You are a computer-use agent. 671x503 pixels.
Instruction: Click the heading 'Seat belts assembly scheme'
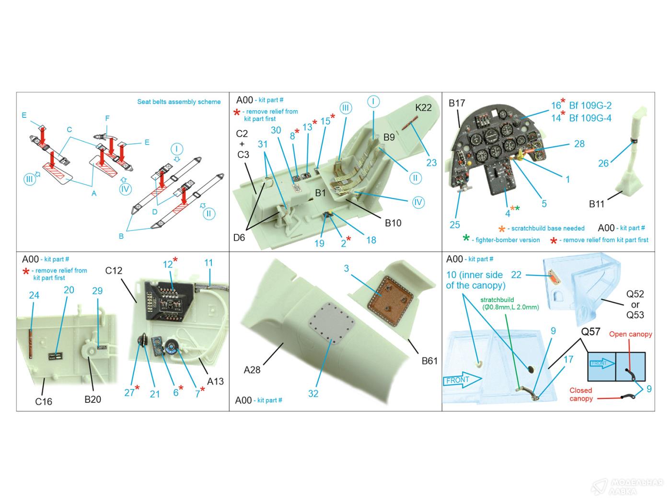(x=179, y=102)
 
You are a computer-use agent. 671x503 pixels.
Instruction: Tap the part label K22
(x=423, y=107)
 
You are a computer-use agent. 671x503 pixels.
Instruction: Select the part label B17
(x=457, y=103)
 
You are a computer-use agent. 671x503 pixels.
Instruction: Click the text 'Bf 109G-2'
(x=590, y=105)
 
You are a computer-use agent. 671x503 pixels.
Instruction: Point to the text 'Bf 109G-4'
(x=590, y=118)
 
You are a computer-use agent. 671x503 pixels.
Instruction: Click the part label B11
(x=597, y=204)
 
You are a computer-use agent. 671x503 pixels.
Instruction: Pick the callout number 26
(x=603, y=163)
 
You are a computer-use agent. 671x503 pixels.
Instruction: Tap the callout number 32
(x=313, y=393)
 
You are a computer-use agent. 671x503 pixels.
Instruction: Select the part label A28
(x=252, y=370)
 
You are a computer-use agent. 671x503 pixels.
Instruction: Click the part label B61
(x=429, y=361)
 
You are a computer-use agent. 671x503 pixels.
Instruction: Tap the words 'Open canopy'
(x=630, y=334)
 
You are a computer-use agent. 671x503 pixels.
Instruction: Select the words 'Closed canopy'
(x=581, y=394)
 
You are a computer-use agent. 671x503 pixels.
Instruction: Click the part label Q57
(x=590, y=331)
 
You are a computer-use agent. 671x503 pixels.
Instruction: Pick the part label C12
(x=114, y=270)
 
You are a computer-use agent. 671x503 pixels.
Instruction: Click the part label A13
(x=215, y=381)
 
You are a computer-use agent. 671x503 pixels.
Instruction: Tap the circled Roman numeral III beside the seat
(x=345, y=108)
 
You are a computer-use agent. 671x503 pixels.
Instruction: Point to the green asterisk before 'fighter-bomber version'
(x=466, y=239)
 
